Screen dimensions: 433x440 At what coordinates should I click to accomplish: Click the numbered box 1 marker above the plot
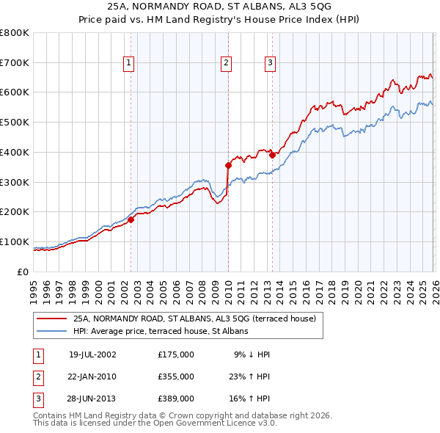point(128,64)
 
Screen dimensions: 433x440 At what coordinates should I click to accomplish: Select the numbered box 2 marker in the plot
point(226,64)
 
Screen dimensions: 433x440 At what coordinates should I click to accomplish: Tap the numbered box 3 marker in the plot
point(270,64)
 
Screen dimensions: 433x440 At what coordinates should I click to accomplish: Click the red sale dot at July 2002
point(131,219)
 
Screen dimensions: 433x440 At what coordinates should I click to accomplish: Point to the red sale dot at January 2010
point(228,165)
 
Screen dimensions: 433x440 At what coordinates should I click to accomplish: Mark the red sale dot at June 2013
point(272,155)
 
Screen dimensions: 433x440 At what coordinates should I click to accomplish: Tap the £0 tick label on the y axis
point(23,272)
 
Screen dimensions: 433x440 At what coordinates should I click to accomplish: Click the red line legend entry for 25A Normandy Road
point(194,319)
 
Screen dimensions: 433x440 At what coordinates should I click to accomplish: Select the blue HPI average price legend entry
point(161,331)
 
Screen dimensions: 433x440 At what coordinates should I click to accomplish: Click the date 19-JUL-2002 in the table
point(92,354)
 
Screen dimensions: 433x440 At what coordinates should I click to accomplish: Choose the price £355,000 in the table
point(176,376)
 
